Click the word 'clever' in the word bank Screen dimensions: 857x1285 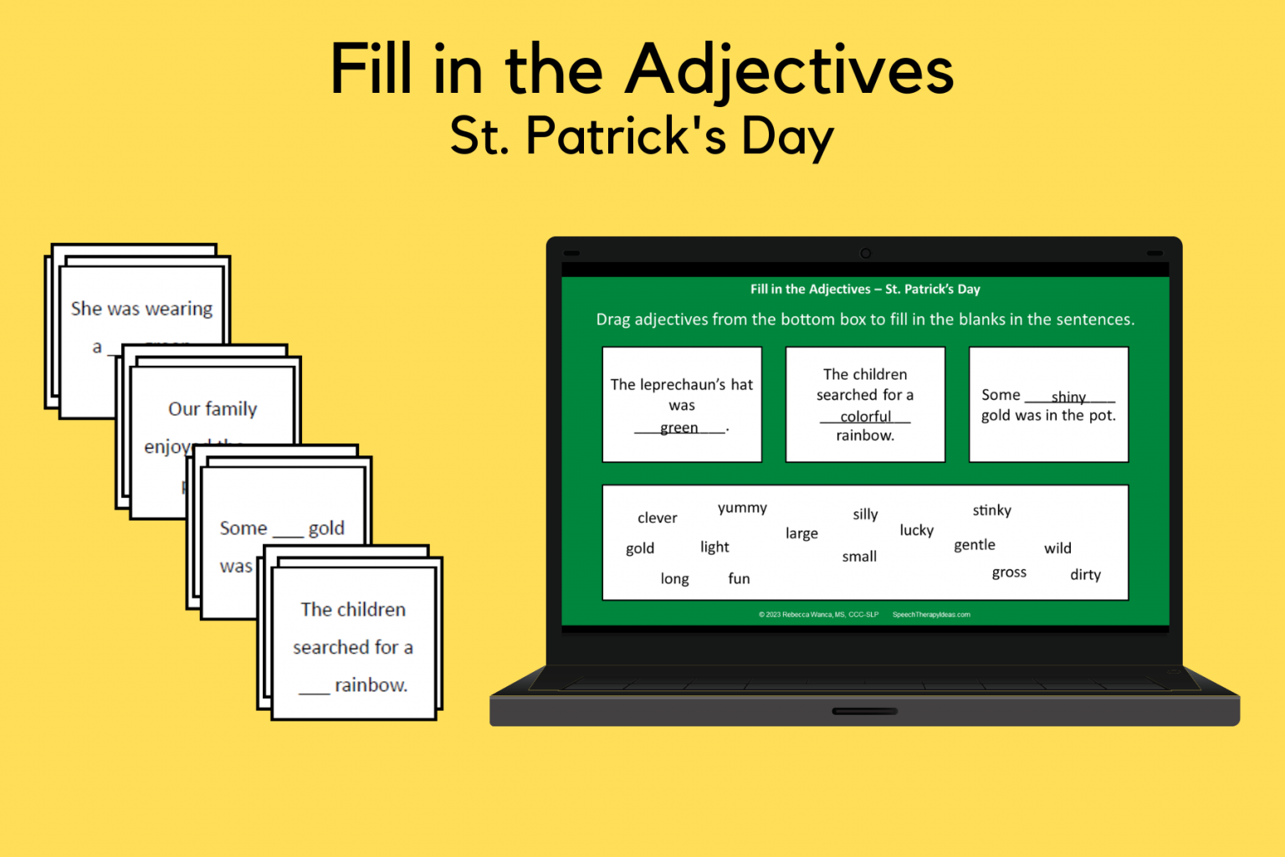tap(657, 518)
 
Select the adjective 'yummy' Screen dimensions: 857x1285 tap(742, 508)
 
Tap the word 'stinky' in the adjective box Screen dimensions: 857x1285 tap(991, 511)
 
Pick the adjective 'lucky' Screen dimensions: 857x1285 tap(916, 531)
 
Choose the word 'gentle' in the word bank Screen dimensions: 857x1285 tap(975, 545)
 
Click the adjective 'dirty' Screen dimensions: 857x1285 tap(1085, 575)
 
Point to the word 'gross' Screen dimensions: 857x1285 tap(1009, 572)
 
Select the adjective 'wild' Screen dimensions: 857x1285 tap(1057, 548)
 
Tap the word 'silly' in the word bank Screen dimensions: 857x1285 tap(865, 515)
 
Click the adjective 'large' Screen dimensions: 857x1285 tap(801, 533)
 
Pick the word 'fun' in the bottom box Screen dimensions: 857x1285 tap(739, 578)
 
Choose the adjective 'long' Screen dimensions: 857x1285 tap(674, 578)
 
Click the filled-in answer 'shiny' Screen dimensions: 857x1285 tap(1068, 397)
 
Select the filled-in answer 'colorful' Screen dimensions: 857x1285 tap(865, 416)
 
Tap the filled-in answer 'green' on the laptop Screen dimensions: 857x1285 tap(678, 428)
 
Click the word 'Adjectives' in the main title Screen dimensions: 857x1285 tap(790, 70)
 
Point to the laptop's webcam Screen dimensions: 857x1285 tap(866, 254)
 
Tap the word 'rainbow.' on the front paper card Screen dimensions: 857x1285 tap(371, 685)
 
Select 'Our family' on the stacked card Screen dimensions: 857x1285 tap(212, 409)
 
